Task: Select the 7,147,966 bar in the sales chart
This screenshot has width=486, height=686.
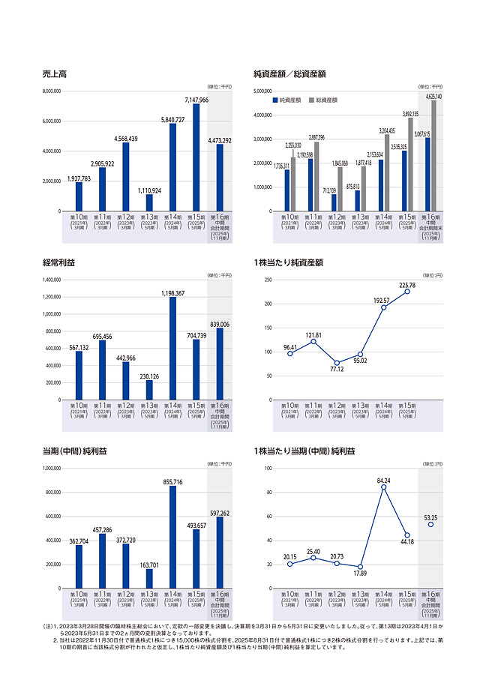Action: pos(196,157)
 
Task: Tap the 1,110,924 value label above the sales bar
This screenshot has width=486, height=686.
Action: pos(149,190)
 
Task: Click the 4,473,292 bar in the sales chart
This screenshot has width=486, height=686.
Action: pos(220,178)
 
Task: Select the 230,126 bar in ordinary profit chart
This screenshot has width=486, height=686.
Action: pos(149,390)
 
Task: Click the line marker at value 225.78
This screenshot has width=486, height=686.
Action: pos(407,291)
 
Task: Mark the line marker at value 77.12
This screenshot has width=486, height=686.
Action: pos(337,363)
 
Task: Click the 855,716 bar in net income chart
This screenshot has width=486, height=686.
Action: pos(172,537)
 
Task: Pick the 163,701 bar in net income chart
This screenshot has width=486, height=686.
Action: pos(149,578)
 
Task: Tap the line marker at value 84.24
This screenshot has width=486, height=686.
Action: pos(384,487)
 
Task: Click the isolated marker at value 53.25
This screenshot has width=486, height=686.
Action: pos(430,524)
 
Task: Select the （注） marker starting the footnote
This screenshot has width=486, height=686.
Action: pos(49,625)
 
